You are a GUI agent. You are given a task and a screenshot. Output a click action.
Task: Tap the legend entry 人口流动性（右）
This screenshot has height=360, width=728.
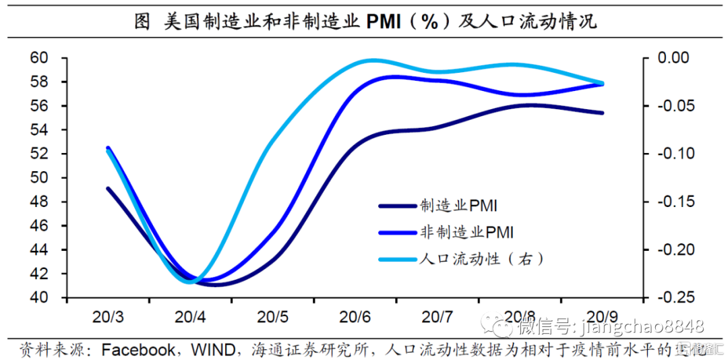(x=481, y=258)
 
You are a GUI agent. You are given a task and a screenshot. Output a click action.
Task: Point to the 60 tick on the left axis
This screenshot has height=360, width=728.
(x=40, y=58)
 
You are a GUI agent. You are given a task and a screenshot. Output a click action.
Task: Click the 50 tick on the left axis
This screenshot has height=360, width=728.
(x=40, y=178)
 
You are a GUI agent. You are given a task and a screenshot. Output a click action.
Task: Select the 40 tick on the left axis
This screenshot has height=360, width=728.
(x=40, y=297)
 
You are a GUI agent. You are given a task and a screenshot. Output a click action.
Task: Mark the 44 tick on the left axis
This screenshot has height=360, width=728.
(x=40, y=249)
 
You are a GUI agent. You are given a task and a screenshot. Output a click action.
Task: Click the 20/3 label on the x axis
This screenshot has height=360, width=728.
(x=107, y=316)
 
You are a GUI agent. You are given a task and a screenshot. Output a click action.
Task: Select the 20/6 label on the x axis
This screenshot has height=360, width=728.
(x=355, y=316)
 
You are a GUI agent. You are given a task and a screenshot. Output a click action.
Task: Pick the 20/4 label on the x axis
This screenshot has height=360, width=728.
(x=190, y=316)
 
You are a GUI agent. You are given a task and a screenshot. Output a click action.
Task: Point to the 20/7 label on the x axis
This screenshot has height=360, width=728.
(x=437, y=316)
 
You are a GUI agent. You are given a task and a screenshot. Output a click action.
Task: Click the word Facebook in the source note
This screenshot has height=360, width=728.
(x=138, y=349)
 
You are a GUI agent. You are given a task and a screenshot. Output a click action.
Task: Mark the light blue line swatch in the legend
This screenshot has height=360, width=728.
(x=398, y=259)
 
